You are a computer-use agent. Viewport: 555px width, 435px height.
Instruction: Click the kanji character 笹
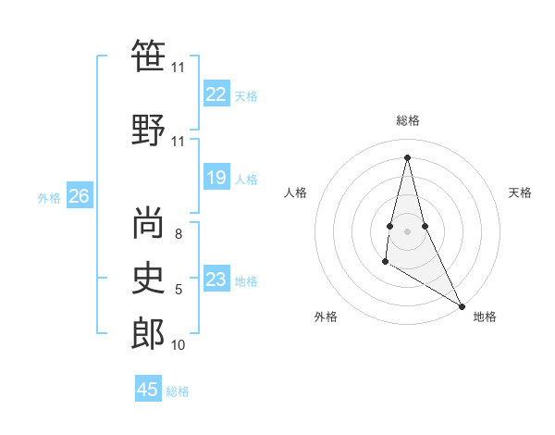coord(148,56)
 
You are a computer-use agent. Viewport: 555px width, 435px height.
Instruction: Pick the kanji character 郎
coord(148,333)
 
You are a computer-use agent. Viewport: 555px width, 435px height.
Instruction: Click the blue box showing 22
coord(216,94)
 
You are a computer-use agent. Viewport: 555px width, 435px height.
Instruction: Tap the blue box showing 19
coord(216,178)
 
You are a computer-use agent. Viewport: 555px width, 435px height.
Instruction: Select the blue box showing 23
coord(216,280)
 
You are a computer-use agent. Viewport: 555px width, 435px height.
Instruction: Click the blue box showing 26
coord(79,196)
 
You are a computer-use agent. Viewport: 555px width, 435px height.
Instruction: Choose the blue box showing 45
coord(148,390)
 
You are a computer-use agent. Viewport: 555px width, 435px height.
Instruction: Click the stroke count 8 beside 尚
coord(178,234)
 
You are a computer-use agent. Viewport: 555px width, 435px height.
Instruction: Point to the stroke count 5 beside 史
coord(178,290)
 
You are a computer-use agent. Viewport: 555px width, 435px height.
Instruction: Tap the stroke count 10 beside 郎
coord(178,345)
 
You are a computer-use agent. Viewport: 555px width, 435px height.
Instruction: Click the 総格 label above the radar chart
coord(407,120)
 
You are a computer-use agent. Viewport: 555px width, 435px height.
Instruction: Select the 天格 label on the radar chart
coord(520,193)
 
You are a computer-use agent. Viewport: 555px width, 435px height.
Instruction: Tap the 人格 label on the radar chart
coord(295,193)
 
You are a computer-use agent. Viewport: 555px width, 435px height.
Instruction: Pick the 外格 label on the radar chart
coord(326,317)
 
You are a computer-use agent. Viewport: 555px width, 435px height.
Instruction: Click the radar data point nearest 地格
coord(462,305)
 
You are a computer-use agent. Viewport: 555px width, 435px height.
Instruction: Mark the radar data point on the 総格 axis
coord(407,156)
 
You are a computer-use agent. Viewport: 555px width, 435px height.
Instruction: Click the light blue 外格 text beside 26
coord(49,197)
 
